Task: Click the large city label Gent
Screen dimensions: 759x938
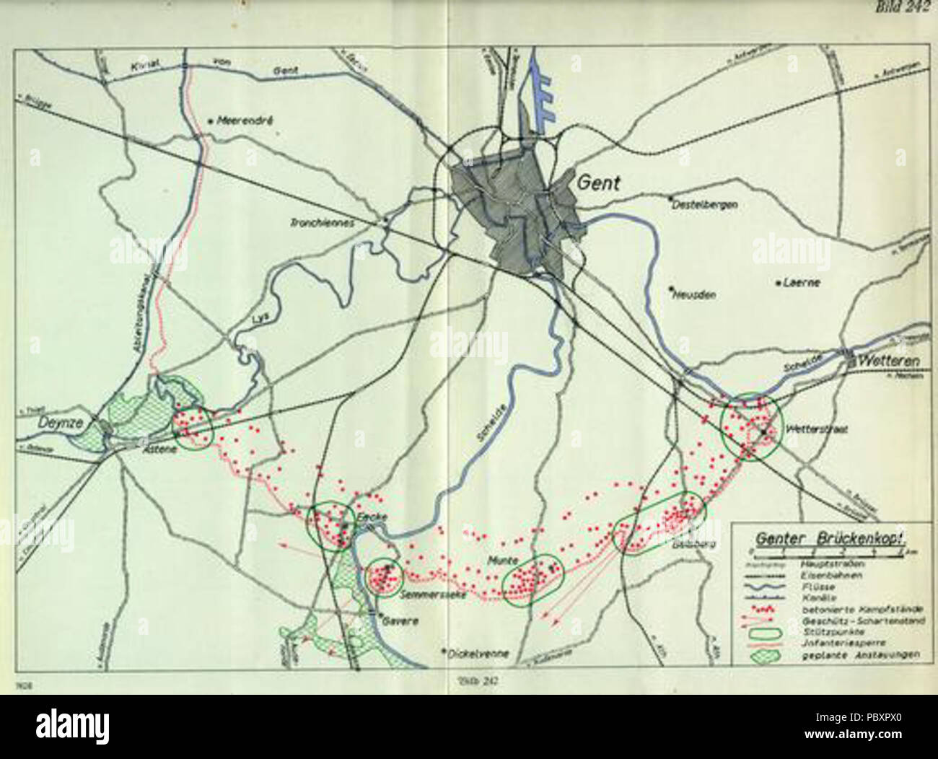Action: click(x=597, y=183)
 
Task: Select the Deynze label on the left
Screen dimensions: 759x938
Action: click(x=56, y=424)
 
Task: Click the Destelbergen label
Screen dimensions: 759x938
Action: click(x=705, y=205)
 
